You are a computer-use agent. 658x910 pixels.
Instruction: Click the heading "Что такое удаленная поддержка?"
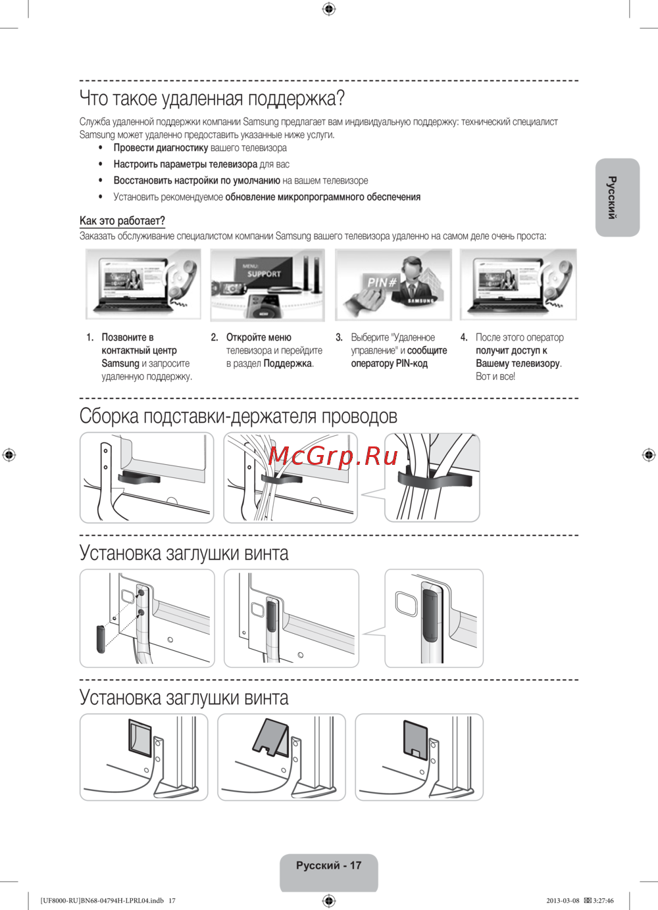point(212,99)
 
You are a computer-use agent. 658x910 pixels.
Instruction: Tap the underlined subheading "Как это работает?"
point(122,221)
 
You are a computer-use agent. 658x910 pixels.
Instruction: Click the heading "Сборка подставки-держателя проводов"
point(238,416)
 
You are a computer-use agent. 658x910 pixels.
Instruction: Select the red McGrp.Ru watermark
point(334,455)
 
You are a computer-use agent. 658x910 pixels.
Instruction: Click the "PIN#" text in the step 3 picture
point(381,282)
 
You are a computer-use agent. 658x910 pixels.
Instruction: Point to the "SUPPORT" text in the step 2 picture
point(264,274)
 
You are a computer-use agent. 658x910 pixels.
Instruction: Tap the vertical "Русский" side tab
point(613,197)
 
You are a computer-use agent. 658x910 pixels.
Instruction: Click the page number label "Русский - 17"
point(328,865)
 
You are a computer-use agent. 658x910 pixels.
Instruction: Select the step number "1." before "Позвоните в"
point(90,337)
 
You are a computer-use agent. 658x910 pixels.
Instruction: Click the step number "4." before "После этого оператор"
point(464,337)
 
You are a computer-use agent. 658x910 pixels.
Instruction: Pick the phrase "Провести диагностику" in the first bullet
point(161,148)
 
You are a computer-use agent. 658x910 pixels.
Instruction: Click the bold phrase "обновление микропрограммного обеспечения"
point(322,197)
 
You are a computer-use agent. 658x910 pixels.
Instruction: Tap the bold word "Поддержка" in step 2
point(287,364)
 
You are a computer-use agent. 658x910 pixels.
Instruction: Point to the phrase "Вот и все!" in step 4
point(495,377)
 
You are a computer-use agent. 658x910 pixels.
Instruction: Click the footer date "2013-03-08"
point(563,901)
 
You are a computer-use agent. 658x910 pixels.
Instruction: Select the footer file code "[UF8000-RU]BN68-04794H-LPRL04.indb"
point(102,901)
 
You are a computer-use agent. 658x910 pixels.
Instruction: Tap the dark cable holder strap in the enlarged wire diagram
point(434,480)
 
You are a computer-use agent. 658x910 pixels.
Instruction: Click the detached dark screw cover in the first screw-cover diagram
point(101,638)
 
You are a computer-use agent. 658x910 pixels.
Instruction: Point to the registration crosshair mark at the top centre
point(329,9)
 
